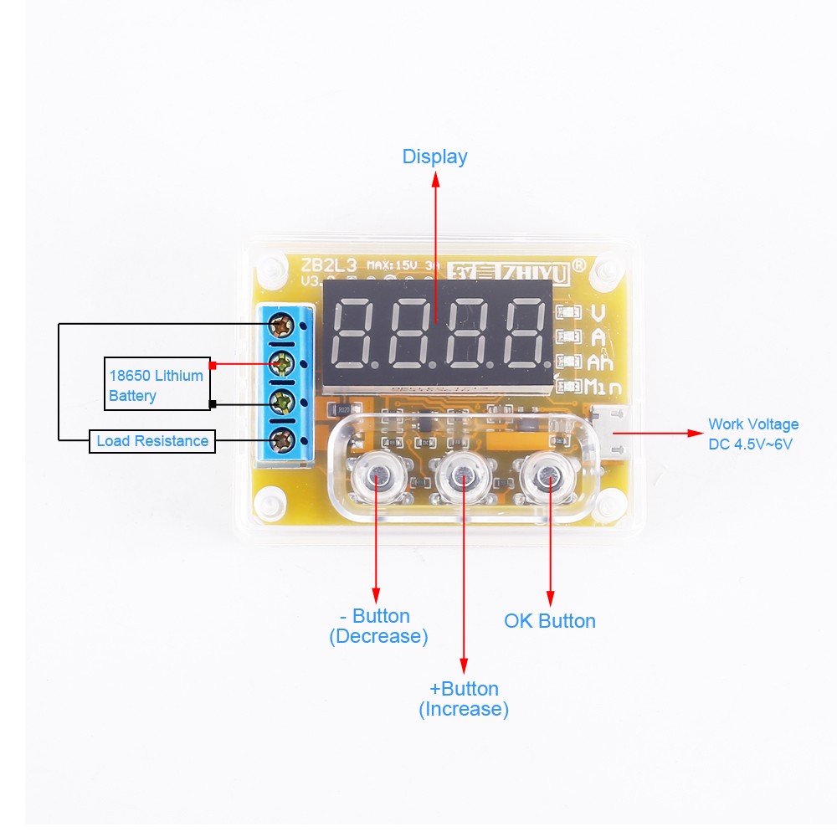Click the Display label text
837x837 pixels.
pyautogui.click(x=434, y=157)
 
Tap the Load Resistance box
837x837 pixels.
pyautogui.click(x=152, y=441)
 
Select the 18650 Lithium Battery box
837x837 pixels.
pyautogui.click(x=157, y=385)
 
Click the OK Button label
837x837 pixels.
pyautogui.click(x=550, y=621)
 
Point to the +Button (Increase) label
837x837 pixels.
pyautogui.click(x=464, y=699)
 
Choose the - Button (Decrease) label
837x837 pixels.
pyautogui.click(x=378, y=626)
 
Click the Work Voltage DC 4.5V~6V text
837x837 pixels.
pyautogui.click(x=753, y=434)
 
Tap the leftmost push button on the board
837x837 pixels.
pyautogui.click(x=376, y=477)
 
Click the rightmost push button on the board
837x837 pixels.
pyautogui.click(x=548, y=477)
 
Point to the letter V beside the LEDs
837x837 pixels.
pyautogui.click(x=598, y=313)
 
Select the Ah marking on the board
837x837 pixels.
pyautogui.click(x=600, y=362)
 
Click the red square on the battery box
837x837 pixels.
pyautogui.click(x=213, y=365)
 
